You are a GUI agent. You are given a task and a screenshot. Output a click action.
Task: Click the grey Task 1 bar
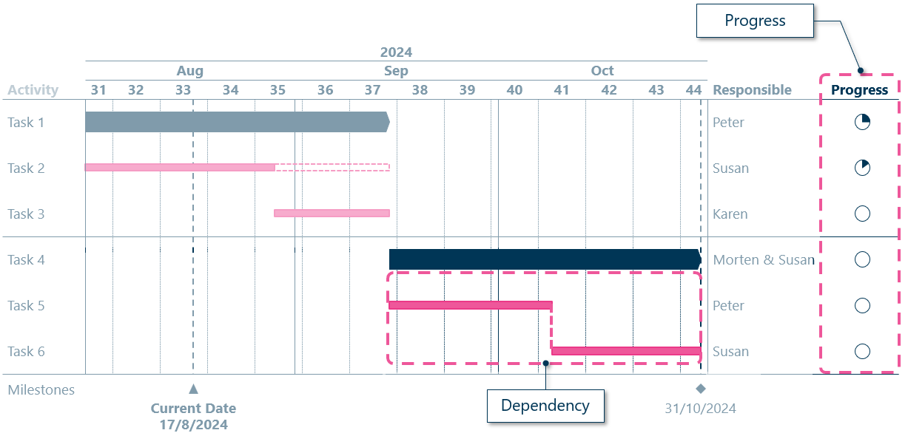[237, 122]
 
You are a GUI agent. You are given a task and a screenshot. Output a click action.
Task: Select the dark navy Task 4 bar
[544, 259]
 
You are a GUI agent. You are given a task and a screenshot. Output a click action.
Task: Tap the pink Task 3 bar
[332, 214]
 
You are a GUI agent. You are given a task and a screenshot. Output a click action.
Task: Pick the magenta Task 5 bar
[470, 305]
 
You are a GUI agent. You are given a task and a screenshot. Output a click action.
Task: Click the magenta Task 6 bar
[626, 351]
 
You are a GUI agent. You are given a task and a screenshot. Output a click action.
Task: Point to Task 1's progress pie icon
[862, 122]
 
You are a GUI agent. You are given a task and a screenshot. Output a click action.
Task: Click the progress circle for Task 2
[862, 168]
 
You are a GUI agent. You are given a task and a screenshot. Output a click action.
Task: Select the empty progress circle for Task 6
[862, 351]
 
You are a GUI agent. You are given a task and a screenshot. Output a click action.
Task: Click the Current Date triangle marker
[193, 389]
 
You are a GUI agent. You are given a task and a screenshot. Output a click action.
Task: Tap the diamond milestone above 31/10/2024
[701, 389]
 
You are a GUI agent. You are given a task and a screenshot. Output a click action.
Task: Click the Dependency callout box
[545, 406]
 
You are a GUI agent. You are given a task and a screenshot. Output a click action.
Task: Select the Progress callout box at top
[755, 21]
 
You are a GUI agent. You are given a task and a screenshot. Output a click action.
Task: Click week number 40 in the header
[514, 90]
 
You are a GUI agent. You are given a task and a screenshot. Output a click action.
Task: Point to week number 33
[184, 90]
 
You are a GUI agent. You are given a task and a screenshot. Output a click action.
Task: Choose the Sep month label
[396, 71]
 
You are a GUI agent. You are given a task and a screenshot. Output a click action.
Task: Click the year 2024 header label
[396, 52]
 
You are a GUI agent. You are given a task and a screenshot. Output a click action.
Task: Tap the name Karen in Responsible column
[730, 214]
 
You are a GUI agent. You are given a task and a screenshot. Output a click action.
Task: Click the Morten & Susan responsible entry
[764, 260]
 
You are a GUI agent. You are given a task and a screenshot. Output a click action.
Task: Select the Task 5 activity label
[26, 306]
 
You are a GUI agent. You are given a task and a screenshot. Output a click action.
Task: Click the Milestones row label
[41, 390]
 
